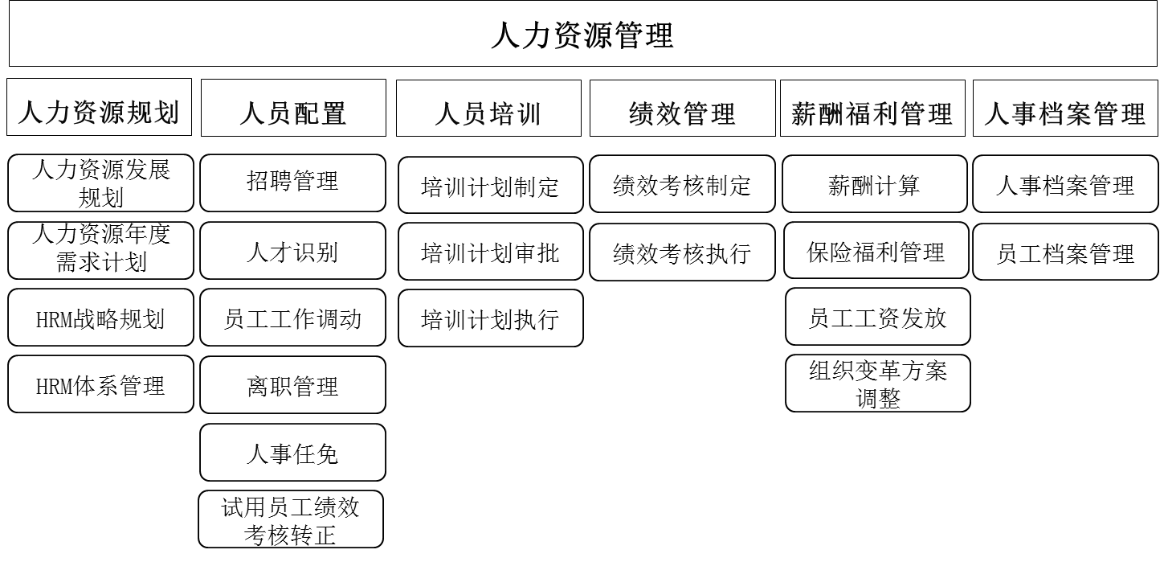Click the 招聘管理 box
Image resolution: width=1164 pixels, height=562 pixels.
click(292, 183)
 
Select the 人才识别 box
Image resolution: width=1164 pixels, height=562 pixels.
click(292, 252)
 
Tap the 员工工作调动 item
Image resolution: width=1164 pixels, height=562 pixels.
click(292, 318)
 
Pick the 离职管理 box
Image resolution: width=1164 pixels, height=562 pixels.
click(292, 385)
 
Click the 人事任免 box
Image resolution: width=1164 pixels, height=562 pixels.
click(292, 453)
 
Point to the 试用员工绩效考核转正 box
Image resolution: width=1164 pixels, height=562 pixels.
click(291, 519)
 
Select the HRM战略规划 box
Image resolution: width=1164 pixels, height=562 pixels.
click(101, 318)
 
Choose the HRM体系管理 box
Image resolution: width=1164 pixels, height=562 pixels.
click(101, 384)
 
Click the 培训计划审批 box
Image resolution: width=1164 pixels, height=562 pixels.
click(490, 252)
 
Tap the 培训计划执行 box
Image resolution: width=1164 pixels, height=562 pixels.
click(490, 318)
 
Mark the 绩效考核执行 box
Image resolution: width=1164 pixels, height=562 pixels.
click(682, 252)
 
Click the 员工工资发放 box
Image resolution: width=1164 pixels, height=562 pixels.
click(877, 317)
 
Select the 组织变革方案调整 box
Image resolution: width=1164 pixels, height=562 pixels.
click(877, 384)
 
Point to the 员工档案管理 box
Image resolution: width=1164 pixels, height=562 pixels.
click(1065, 252)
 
